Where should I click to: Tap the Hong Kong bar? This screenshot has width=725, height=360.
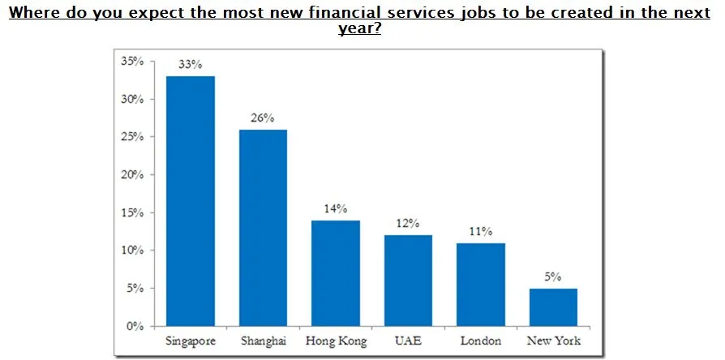coord(335,272)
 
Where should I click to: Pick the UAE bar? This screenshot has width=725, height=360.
coord(408,280)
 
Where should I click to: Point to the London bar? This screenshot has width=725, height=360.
coord(480,284)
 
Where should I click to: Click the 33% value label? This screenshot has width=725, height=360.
coord(191,64)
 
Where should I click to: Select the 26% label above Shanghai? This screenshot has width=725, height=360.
coord(263,118)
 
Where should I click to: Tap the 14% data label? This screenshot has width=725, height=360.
coord(335,208)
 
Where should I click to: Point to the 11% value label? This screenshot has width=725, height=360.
coord(480,231)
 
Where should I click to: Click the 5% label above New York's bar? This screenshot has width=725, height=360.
coord(553,276)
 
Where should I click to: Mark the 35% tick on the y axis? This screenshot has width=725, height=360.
coord(132,61)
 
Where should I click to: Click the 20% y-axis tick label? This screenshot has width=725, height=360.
coord(132,174)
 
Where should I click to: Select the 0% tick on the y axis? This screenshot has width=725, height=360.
coord(135,326)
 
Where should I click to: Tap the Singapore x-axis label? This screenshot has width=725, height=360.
coord(190,341)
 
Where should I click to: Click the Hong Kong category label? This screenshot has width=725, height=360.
coord(335,341)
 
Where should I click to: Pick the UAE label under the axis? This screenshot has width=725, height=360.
coord(408,341)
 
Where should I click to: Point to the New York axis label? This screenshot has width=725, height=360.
coord(553,341)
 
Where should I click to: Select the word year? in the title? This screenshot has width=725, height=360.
coord(359,28)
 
